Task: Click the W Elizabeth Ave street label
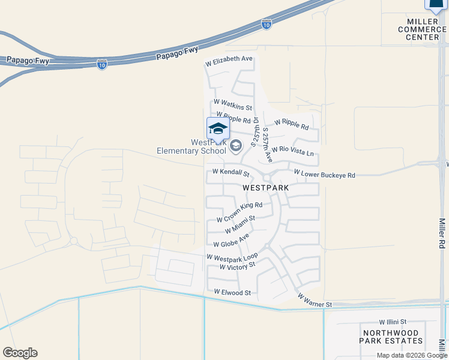[229, 59]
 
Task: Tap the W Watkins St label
[233, 104]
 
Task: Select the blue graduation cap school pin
[218, 128]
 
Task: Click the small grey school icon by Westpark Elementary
[236, 145]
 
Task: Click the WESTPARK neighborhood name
[266, 188]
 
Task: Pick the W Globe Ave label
[231, 241]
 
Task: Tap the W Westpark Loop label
[232, 256]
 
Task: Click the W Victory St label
[237, 265]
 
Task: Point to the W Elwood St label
[232, 292]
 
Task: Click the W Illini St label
[393, 322]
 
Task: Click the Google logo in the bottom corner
[20, 353]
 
